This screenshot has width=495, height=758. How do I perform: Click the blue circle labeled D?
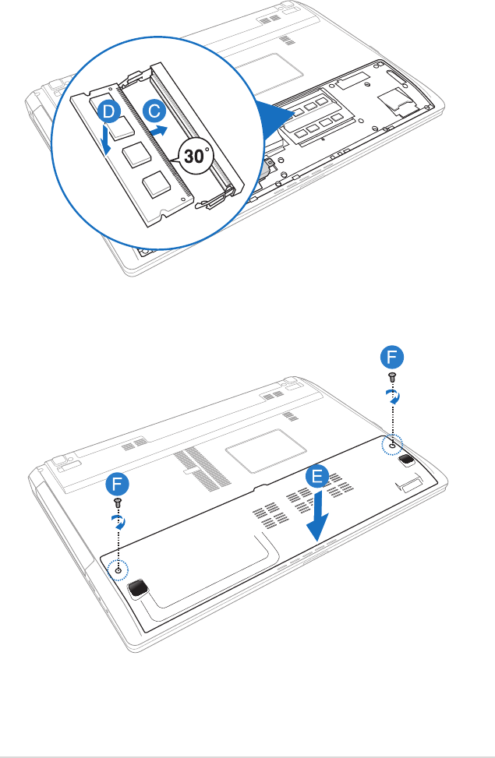tap(110, 114)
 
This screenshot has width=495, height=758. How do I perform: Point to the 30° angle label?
tap(196, 155)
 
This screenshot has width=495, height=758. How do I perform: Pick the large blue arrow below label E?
tap(316, 523)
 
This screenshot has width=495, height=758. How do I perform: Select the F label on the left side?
tap(117, 481)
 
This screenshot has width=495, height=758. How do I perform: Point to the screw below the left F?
tap(117, 501)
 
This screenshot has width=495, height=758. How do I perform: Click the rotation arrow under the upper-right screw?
tap(394, 396)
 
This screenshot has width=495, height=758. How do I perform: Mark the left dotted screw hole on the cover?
tap(118, 569)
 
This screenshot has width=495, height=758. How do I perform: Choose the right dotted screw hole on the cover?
tap(391, 445)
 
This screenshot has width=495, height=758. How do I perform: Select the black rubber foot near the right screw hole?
tap(406, 460)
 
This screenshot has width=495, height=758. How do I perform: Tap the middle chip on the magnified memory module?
tap(135, 152)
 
